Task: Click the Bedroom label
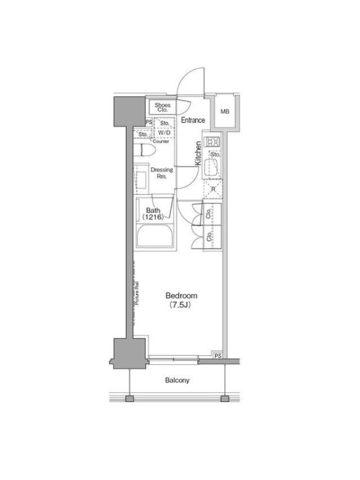pos(181,296)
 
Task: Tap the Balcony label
pos(177,380)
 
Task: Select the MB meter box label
pos(224,112)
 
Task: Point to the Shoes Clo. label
pos(162,107)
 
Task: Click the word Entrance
pos(193,120)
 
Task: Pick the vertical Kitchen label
pos(199,153)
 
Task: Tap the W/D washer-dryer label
pos(164,133)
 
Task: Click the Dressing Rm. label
pos(161,173)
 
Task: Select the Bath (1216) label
pos(153,214)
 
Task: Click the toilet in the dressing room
pos(145,151)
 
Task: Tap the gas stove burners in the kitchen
pos(213,142)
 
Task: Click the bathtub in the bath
pos(155,236)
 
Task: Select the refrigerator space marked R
pos(213,189)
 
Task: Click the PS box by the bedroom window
pos(218,355)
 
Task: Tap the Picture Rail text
pos(137,293)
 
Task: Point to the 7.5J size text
pos(181,305)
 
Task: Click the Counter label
pos(161,142)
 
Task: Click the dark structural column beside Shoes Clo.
pos(130,112)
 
